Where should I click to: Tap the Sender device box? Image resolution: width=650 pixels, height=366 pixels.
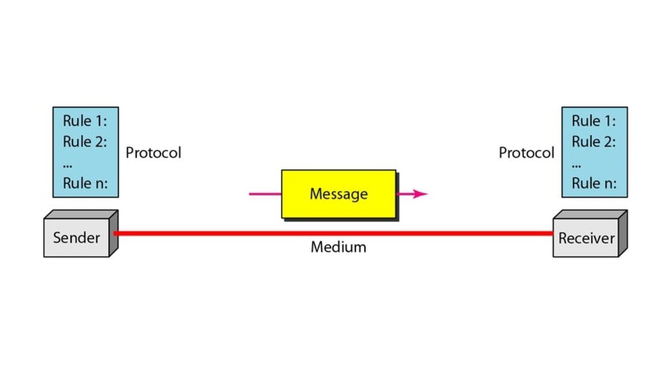pyautogui.click(x=77, y=237)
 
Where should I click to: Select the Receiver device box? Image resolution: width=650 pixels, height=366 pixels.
pyautogui.click(x=586, y=238)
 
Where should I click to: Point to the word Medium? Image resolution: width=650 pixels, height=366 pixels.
pyautogui.click(x=338, y=248)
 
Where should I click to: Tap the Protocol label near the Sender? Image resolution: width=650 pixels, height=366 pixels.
pyautogui.click(x=153, y=152)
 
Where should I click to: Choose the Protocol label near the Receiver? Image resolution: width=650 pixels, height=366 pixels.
pyautogui.click(x=526, y=152)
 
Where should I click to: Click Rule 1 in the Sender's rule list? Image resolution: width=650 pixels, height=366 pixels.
pyautogui.click(x=85, y=121)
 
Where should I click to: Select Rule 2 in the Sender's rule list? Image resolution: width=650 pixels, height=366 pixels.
pyautogui.click(x=85, y=142)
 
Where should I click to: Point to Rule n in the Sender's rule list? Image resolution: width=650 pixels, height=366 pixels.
pyautogui.click(x=85, y=183)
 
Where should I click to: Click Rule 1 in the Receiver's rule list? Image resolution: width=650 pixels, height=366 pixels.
pyautogui.click(x=594, y=121)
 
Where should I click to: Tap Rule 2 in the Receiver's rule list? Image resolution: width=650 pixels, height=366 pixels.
pyautogui.click(x=594, y=142)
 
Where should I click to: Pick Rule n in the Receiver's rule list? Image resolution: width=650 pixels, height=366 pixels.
pyautogui.click(x=594, y=183)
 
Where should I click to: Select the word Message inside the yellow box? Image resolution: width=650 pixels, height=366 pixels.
pyautogui.click(x=339, y=194)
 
